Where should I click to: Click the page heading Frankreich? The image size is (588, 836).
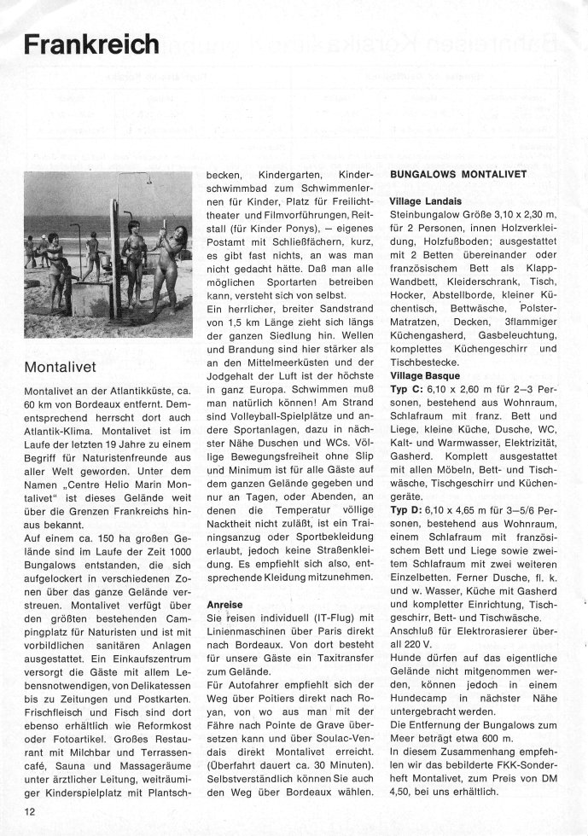point(90,44)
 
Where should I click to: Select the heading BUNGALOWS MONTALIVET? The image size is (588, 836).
point(458,172)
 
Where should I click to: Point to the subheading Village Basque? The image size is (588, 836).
point(425,375)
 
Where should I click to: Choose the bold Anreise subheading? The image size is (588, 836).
point(225,605)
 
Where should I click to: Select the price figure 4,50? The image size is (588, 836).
point(405,793)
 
